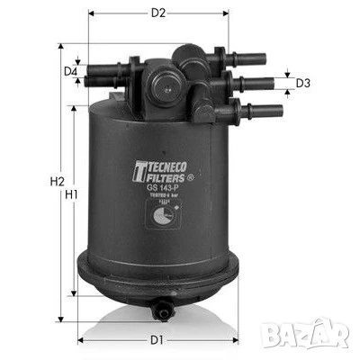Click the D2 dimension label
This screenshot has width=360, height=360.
[158, 13]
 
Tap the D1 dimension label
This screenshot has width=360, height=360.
[157, 339]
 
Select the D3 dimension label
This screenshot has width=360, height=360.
[303, 84]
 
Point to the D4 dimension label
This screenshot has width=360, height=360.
[69, 71]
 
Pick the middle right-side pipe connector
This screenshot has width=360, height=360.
[254, 84]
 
